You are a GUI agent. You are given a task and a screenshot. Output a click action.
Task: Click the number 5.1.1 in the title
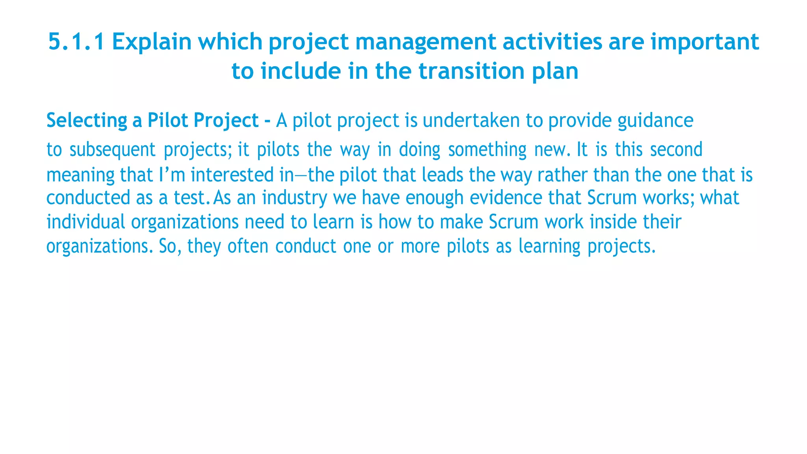tap(76, 42)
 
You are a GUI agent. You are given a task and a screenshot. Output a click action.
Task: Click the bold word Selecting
tap(86, 121)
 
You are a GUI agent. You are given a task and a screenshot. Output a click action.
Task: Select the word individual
tap(86, 222)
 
